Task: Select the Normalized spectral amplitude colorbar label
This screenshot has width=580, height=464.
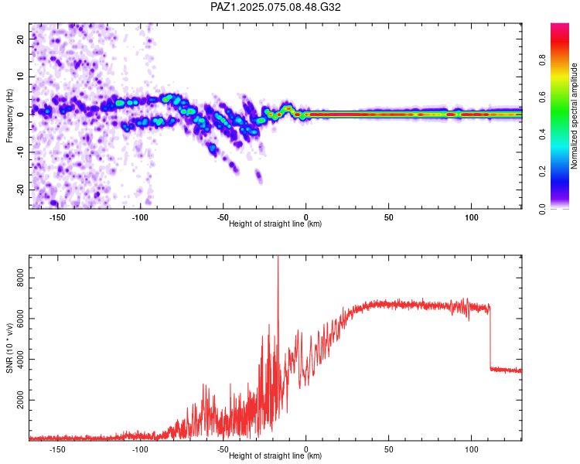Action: point(575,116)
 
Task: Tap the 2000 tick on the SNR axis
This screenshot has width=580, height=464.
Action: point(21,399)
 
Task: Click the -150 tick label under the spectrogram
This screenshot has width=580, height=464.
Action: point(57,218)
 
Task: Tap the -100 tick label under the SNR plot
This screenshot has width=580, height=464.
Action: point(140,449)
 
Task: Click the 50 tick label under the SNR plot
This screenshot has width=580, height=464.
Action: point(388,449)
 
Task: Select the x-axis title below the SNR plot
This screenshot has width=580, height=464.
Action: point(275,456)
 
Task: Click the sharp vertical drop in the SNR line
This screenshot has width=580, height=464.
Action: point(490,340)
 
